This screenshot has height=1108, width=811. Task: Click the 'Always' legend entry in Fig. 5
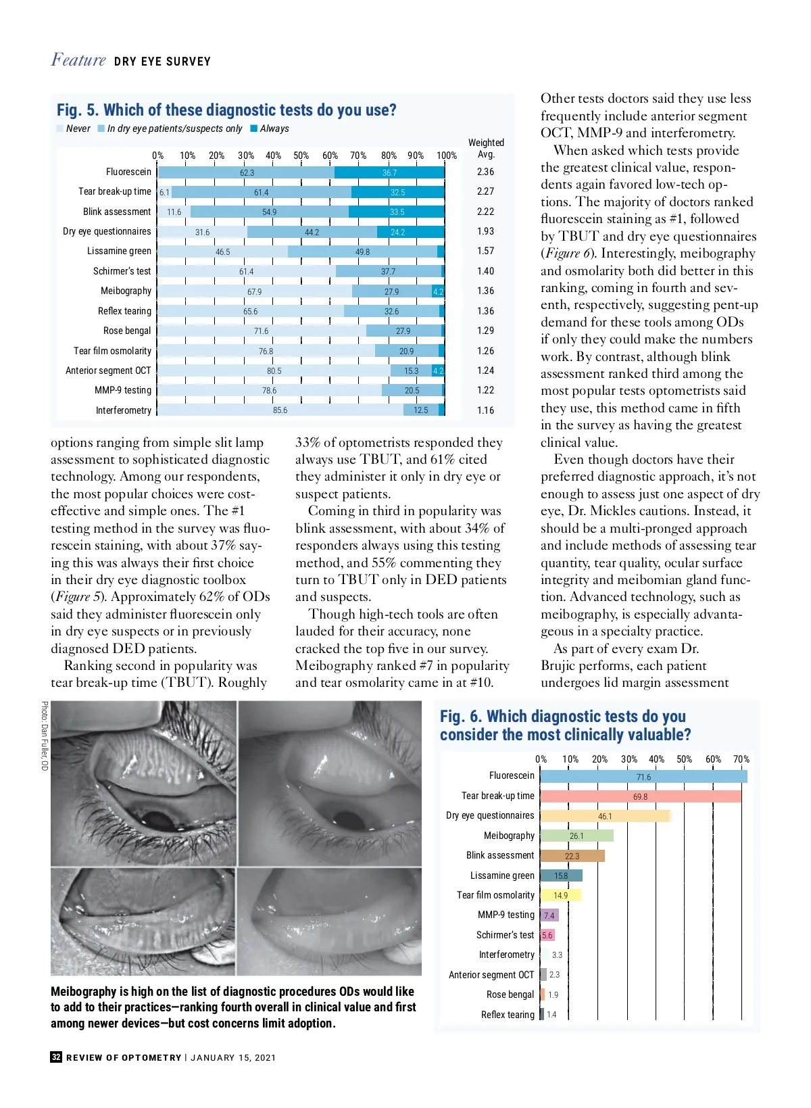click(274, 128)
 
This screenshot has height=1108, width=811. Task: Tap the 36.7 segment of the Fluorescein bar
click(389, 172)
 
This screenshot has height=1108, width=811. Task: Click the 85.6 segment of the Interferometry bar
click(280, 410)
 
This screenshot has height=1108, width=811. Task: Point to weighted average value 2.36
click(485, 172)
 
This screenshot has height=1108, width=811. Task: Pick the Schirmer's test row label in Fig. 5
click(122, 271)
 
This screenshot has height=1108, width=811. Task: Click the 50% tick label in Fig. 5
click(301, 155)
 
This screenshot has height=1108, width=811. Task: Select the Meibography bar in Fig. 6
click(576, 836)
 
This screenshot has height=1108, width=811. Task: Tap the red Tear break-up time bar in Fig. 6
click(640, 796)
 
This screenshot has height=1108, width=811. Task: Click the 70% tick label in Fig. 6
click(741, 759)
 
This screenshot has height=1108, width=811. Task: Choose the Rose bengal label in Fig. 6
click(510, 994)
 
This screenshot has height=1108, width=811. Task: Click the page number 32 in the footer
click(56, 1057)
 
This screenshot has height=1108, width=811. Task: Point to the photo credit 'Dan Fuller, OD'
click(45, 736)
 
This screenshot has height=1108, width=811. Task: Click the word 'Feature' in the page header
click(78, 60)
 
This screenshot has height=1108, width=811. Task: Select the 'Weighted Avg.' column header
click(486, 148)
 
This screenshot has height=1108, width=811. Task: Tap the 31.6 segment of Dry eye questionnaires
click(202, 232)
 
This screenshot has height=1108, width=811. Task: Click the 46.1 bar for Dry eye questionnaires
click(605, 816)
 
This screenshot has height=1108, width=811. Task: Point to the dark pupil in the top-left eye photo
click(159, 820)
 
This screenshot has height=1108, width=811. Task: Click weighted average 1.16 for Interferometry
click(485, 410)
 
